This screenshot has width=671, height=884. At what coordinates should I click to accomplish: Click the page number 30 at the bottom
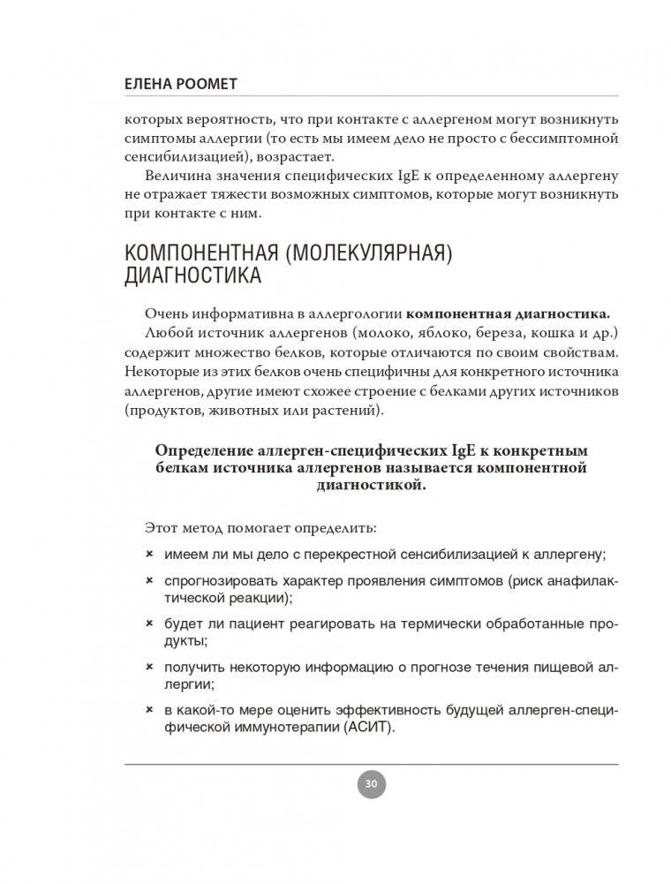372,782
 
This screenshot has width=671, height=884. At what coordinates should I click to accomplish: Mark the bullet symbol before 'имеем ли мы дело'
148,554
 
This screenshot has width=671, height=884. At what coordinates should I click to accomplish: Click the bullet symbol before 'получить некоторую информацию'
148,667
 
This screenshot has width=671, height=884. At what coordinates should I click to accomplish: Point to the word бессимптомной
575,139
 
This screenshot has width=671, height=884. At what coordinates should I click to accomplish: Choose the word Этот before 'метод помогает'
161,527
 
